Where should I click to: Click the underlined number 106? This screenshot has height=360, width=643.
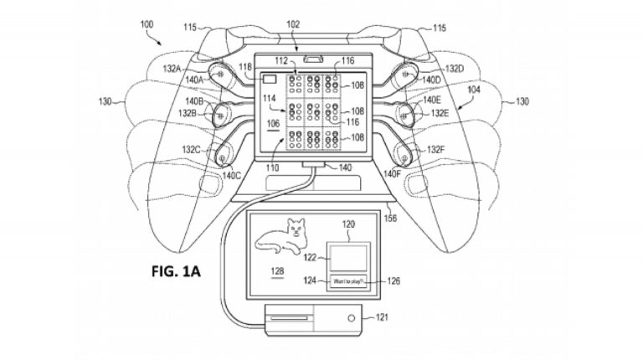(x=271, y=122)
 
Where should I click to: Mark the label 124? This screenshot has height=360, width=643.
(x=310, y=280)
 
